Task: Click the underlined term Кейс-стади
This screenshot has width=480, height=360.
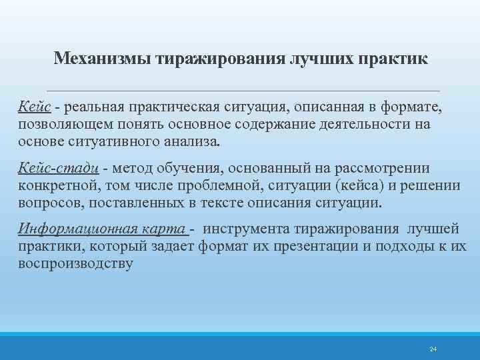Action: [x=59, y=169]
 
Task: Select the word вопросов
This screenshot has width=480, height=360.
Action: [x=49, y=202]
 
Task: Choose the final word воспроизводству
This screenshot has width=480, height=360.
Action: [x=75, y=263]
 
